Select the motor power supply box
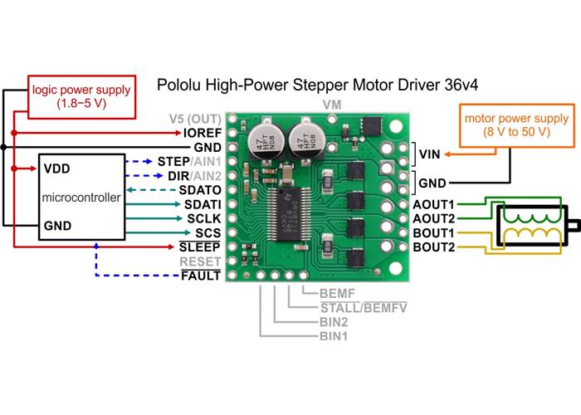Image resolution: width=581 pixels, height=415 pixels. point(516,124)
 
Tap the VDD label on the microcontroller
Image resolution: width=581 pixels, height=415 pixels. point(56,168)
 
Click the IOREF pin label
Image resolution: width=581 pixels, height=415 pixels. point(203,132)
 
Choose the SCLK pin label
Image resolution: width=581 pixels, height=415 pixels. point(202,217)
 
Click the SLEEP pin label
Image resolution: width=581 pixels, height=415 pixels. point(200,247)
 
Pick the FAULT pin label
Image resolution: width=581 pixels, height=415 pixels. point(201,275)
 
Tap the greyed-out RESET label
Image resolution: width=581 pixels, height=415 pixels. point(201,261)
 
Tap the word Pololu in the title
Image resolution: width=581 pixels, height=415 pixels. point(180,85)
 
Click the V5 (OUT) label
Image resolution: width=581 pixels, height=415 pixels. point(196,118)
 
